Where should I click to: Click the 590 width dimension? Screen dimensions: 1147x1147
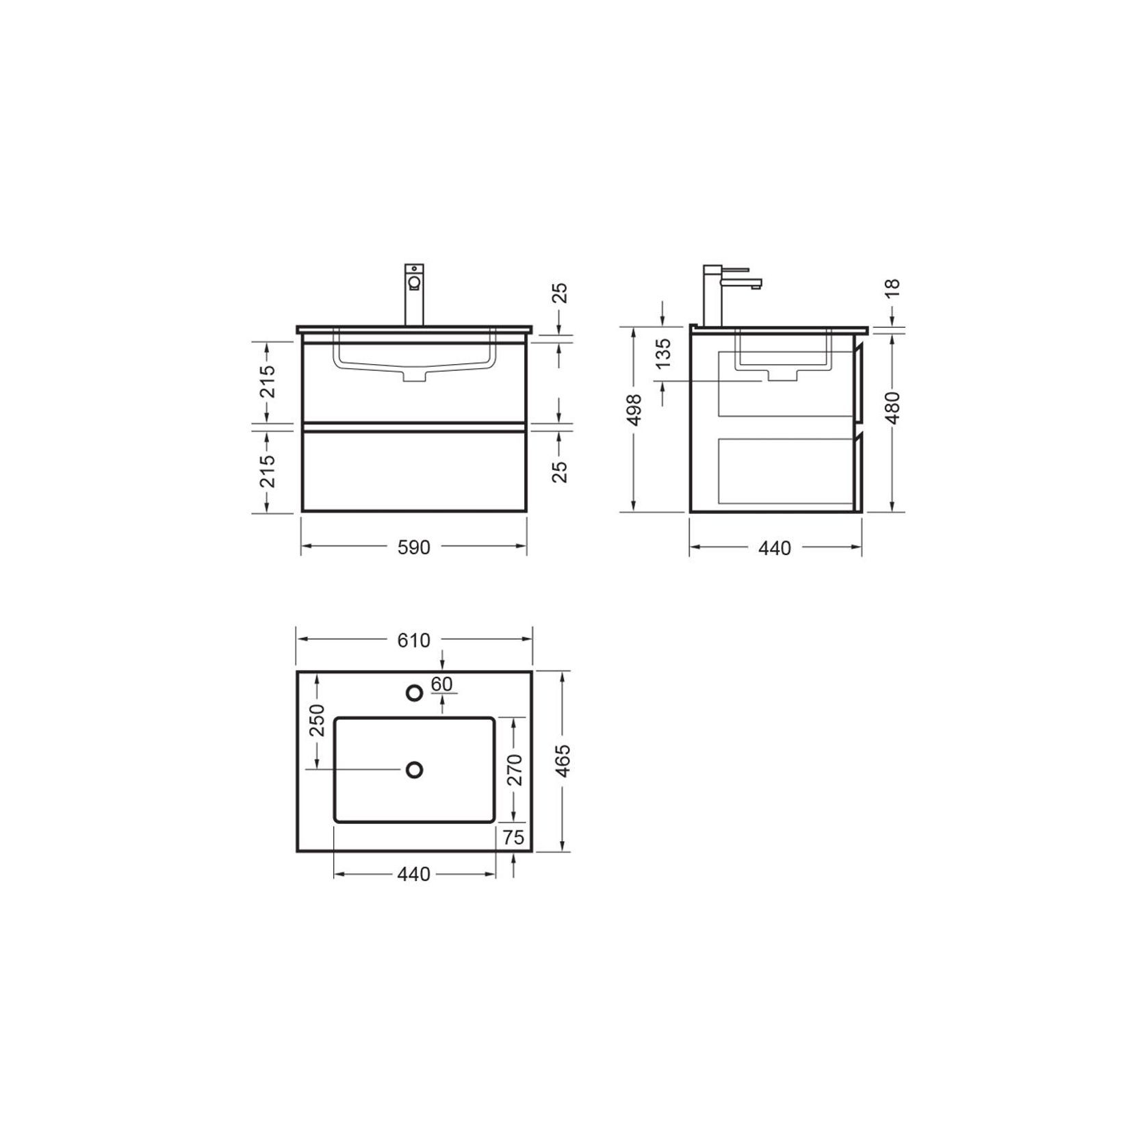pyautogui.click(x=414, y=547)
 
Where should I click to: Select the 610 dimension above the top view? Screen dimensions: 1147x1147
pyautogui.click(x=414, y=640)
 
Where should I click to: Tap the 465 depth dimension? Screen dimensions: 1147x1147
pyautogui.click(x=563, y=761)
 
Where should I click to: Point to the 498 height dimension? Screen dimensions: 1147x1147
pyautogui.click(x=634, y=410)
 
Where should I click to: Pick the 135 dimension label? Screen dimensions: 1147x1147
pyautogui.click(x=663, y=353)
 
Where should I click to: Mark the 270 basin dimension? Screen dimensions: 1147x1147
pyautogui.click(x=515, y=769)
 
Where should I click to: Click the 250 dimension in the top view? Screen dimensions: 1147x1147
pyautogui.click(x=317, y=720)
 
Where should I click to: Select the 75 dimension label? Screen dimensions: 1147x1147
pyautogui.click(x=513, y=838)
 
